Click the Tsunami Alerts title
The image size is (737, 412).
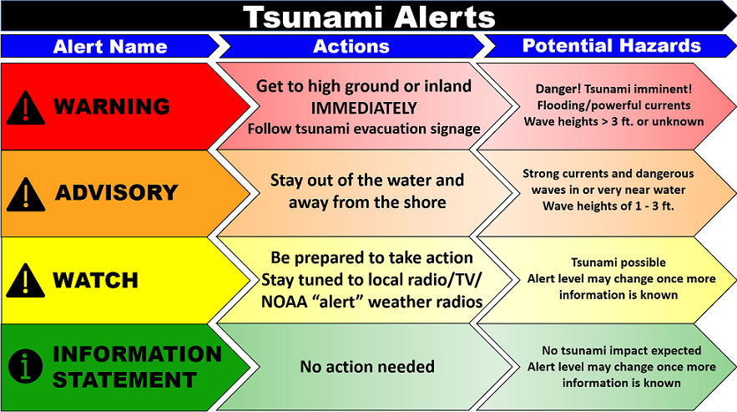pos(370,17)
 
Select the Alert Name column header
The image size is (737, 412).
pos(110,47)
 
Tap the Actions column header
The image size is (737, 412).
pos(351,46)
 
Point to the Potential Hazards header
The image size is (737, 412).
pos(612,46)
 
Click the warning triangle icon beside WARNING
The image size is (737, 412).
pos(25,109)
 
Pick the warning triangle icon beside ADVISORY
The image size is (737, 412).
pos(26,195)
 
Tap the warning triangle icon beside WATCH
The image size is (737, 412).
pos(25,281)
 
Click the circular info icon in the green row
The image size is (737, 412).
pos(25,366)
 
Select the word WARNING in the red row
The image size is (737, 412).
pos(111,106)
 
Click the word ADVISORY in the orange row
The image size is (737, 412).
pos(117,192)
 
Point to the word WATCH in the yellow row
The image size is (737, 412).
pos(95,280)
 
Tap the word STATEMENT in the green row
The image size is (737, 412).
pos(124,380)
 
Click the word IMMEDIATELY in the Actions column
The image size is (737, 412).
pos(364,109)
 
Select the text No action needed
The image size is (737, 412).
pos(367,366)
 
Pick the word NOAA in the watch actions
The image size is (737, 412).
pos(284,302)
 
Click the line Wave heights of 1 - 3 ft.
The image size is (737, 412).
pos(608,206)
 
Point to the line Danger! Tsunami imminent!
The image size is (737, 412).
pos(613,89)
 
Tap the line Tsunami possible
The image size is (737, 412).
pos(618,262)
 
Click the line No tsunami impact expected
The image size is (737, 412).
pos(621,350)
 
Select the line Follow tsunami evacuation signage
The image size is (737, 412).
pos(364,129)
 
